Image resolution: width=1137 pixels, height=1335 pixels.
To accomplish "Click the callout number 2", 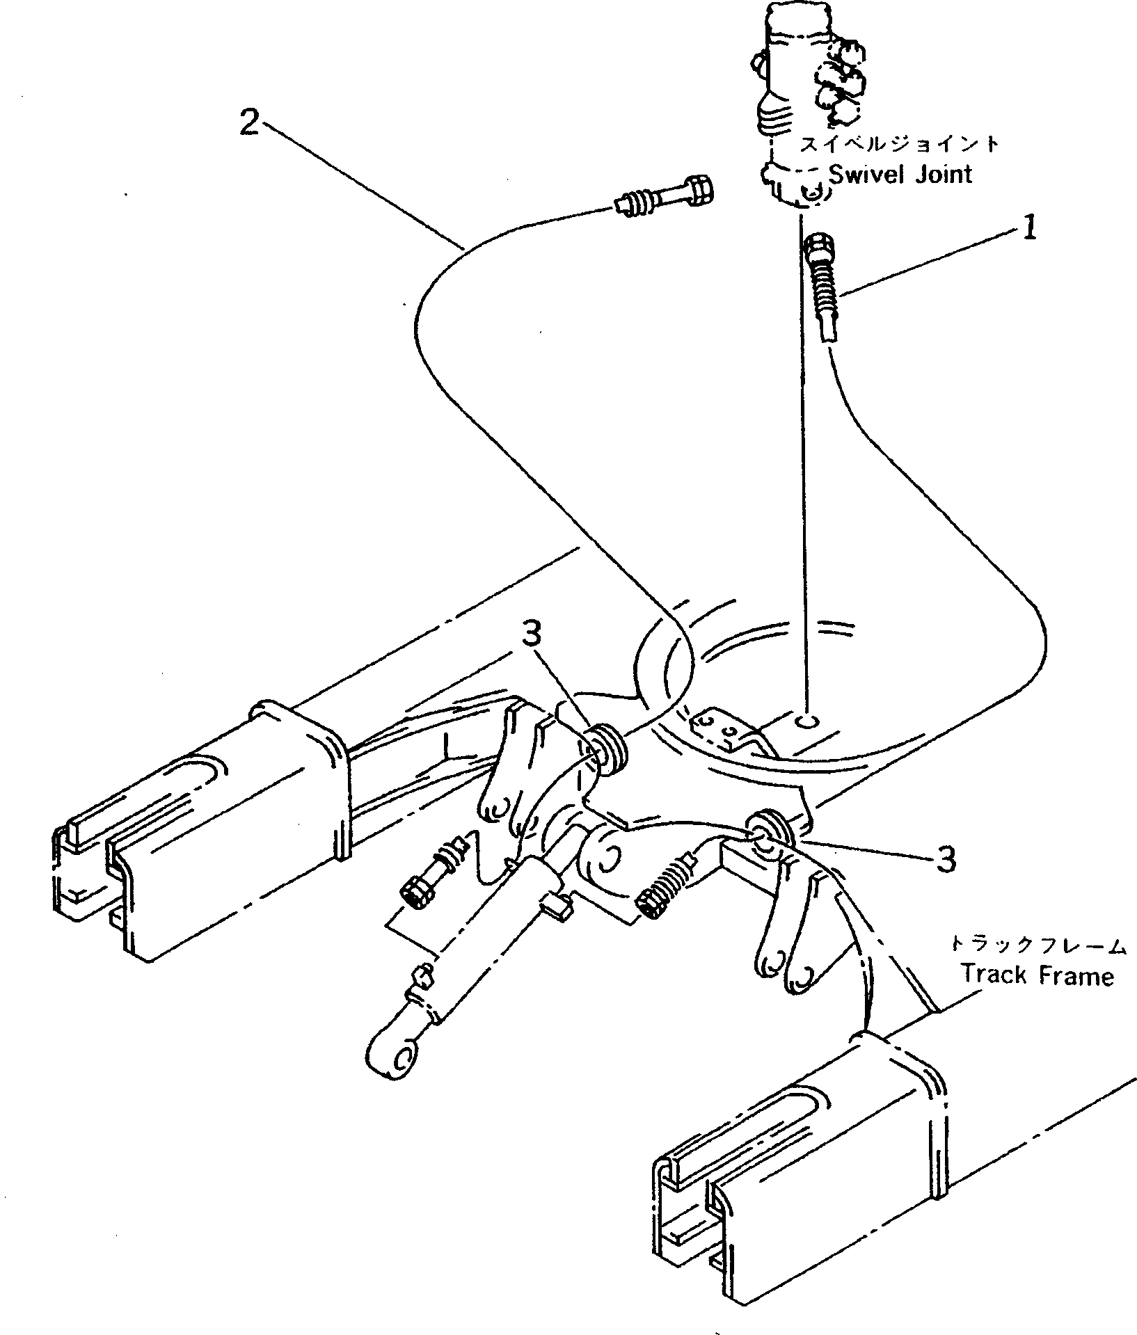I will pos(249,125).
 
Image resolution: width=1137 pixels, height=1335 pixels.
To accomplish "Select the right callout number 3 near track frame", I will pos(945,861).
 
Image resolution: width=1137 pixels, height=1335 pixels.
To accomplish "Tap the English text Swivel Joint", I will pos(901,173).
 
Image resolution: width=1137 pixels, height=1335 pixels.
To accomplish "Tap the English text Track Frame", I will pos(1037,975).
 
